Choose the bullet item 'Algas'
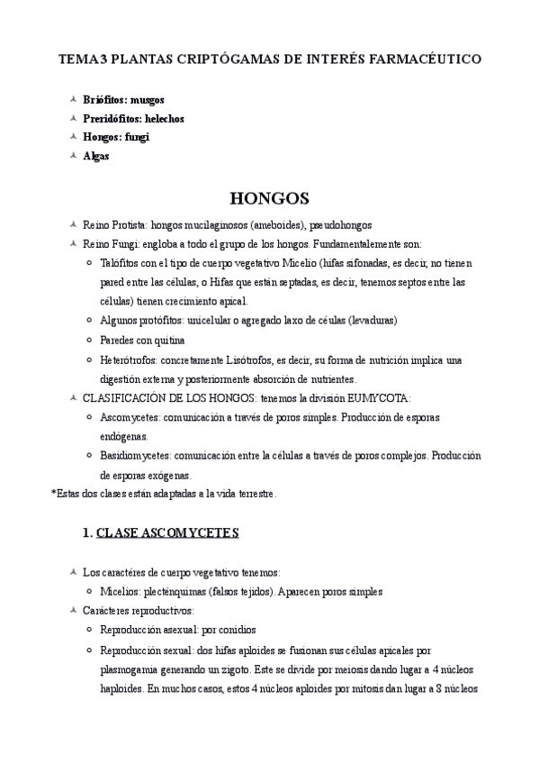(96, 156)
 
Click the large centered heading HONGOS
(270, 197)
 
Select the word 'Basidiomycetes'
(136, 455)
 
